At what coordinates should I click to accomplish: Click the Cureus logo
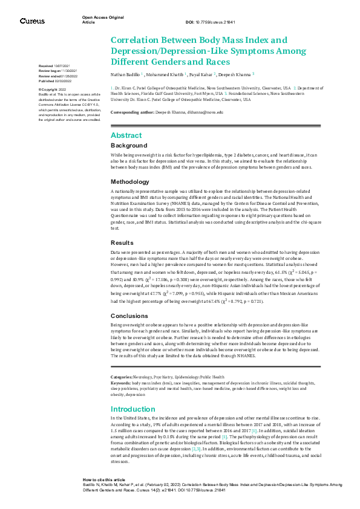[x=31, y=21]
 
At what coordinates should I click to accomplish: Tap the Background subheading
[x=128, y=146]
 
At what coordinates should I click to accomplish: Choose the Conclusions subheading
[x=130, y=316]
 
